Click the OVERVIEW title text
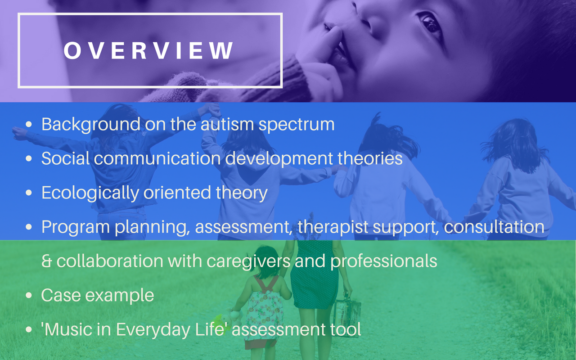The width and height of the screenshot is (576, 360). click(148, 50)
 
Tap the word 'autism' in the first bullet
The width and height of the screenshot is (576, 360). click(227, 124)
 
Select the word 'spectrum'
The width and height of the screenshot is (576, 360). click(297, 125)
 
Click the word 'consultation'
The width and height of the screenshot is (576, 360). click(494, 227)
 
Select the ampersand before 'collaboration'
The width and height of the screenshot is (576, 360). click(46, 261)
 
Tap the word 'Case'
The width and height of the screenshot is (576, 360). click(61, 295)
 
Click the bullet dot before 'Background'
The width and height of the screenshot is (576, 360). click(29, 124)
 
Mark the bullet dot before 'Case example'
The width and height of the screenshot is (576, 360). click(29, 296)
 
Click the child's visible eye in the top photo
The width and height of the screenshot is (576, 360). click(431, 24)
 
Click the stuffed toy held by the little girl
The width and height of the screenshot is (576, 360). click(228, 319)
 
